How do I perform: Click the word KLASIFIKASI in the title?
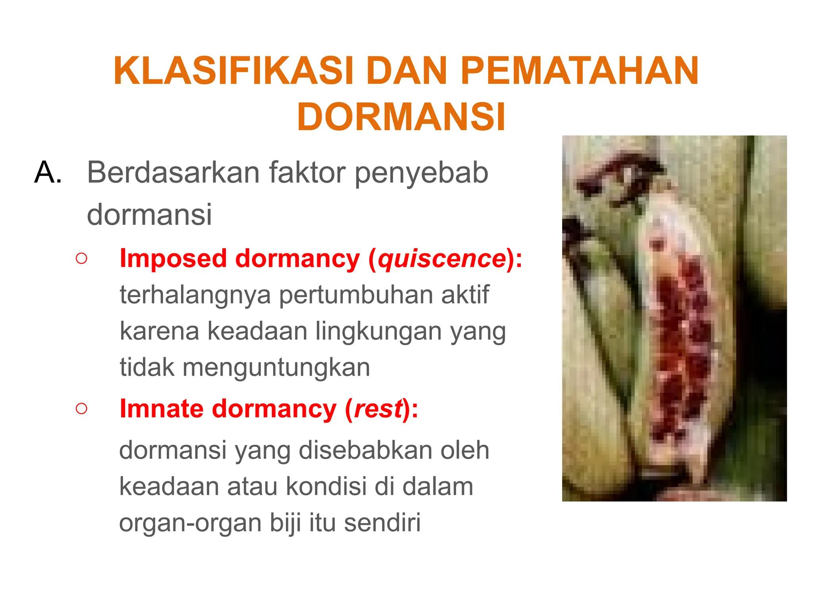click(x=233, y=71)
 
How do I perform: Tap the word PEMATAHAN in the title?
click(x=579, y=71)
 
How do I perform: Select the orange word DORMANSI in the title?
click(x=401, y=117)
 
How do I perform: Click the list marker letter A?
click(x=48, y=172)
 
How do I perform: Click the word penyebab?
click(x=421, y=173)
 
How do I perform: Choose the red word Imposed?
click(x=173, y=259)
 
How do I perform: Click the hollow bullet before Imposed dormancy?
click(x=81, y=259)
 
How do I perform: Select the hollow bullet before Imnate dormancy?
click(x=81, y=408)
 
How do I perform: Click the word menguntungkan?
click(x=276, y=367)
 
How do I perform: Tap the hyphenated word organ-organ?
click(x=191, y=523)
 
